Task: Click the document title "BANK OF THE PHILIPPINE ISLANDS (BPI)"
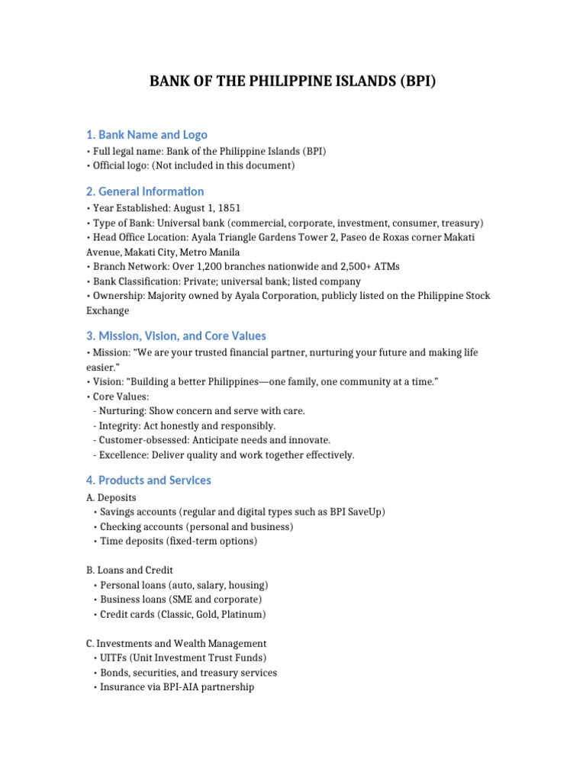coord(293,82)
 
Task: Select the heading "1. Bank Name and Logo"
coord(146,134)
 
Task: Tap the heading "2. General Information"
coord(145,191)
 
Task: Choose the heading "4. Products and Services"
coord(149,480)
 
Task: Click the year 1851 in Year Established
coord(228,208)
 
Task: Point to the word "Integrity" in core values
coord(120,426)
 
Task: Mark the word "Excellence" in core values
coord(124,455)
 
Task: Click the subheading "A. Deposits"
coord(111,497)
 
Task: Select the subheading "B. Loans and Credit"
coord(130,570)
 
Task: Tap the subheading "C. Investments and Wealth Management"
coord(176,643)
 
